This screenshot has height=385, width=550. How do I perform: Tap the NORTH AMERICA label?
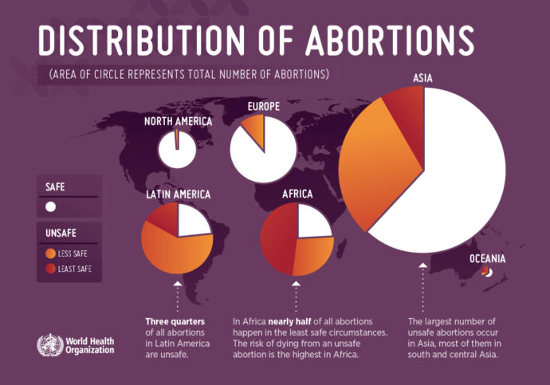(178, 121)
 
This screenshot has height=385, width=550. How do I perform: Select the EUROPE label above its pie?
(263, 106)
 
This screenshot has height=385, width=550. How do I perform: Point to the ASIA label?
(423, 78)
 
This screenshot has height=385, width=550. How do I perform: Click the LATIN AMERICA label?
(177, 194)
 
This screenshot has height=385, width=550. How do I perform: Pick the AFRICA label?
(297, 194)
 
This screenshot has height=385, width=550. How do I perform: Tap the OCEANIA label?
(486, 259)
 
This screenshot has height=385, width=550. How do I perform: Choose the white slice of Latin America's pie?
(193, 220)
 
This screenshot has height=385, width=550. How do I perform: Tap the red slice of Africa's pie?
(278, 231)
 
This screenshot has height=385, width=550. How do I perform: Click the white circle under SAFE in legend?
(51, 206)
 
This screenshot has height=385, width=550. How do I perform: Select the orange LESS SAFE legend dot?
(51, 253)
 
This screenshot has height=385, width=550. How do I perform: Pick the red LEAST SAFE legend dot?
(51, 269)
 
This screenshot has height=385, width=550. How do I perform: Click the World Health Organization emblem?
(49, 345)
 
